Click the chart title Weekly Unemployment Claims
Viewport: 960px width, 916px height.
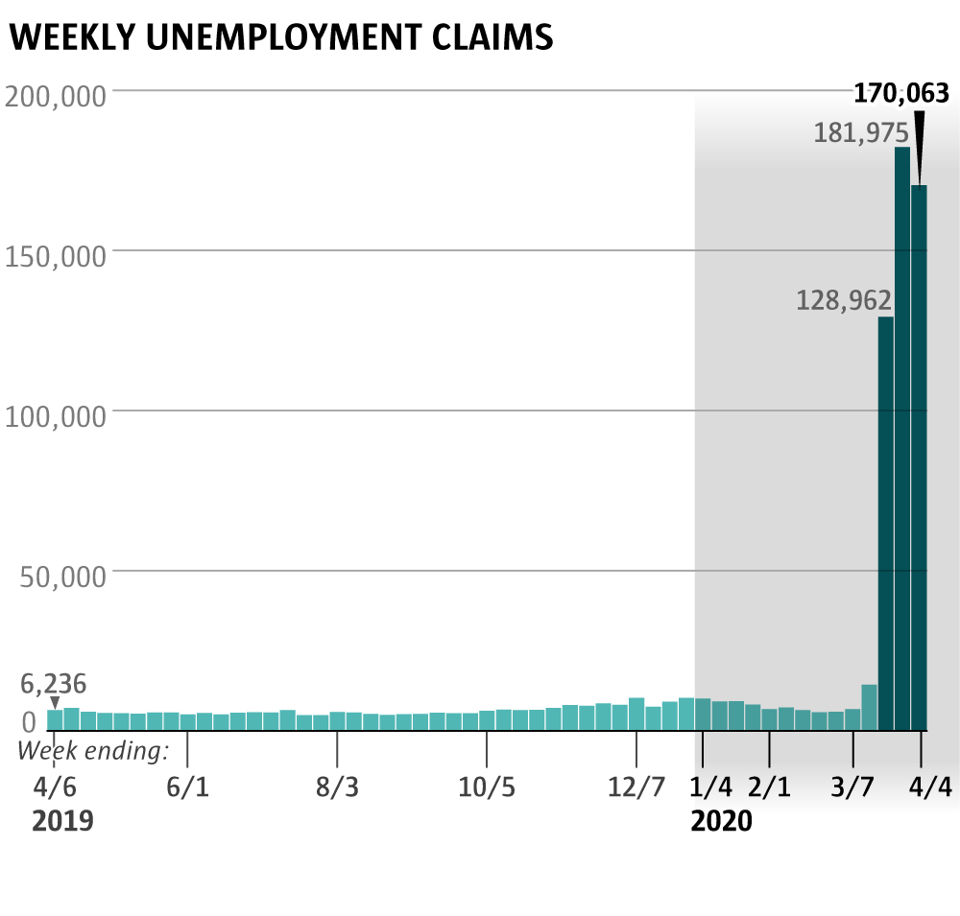point(280,36)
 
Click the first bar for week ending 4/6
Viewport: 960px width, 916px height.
point(55,719)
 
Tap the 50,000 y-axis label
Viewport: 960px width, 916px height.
point(62,577)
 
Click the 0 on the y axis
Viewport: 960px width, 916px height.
point(29,721)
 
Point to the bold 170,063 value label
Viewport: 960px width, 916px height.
point(901,93)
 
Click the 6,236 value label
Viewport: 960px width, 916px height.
point(54,684)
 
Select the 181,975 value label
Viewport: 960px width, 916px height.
point(861,133)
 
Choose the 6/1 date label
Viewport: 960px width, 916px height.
point(187,787)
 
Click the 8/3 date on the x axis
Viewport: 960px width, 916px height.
point(337,787)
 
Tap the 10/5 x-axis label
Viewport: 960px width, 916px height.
point(487,787)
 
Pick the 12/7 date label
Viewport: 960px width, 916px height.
point(636,787)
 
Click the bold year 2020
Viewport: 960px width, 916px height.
point(722,822)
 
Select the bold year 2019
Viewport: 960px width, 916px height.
point(63,822)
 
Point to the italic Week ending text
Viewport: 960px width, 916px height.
point(93,750)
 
